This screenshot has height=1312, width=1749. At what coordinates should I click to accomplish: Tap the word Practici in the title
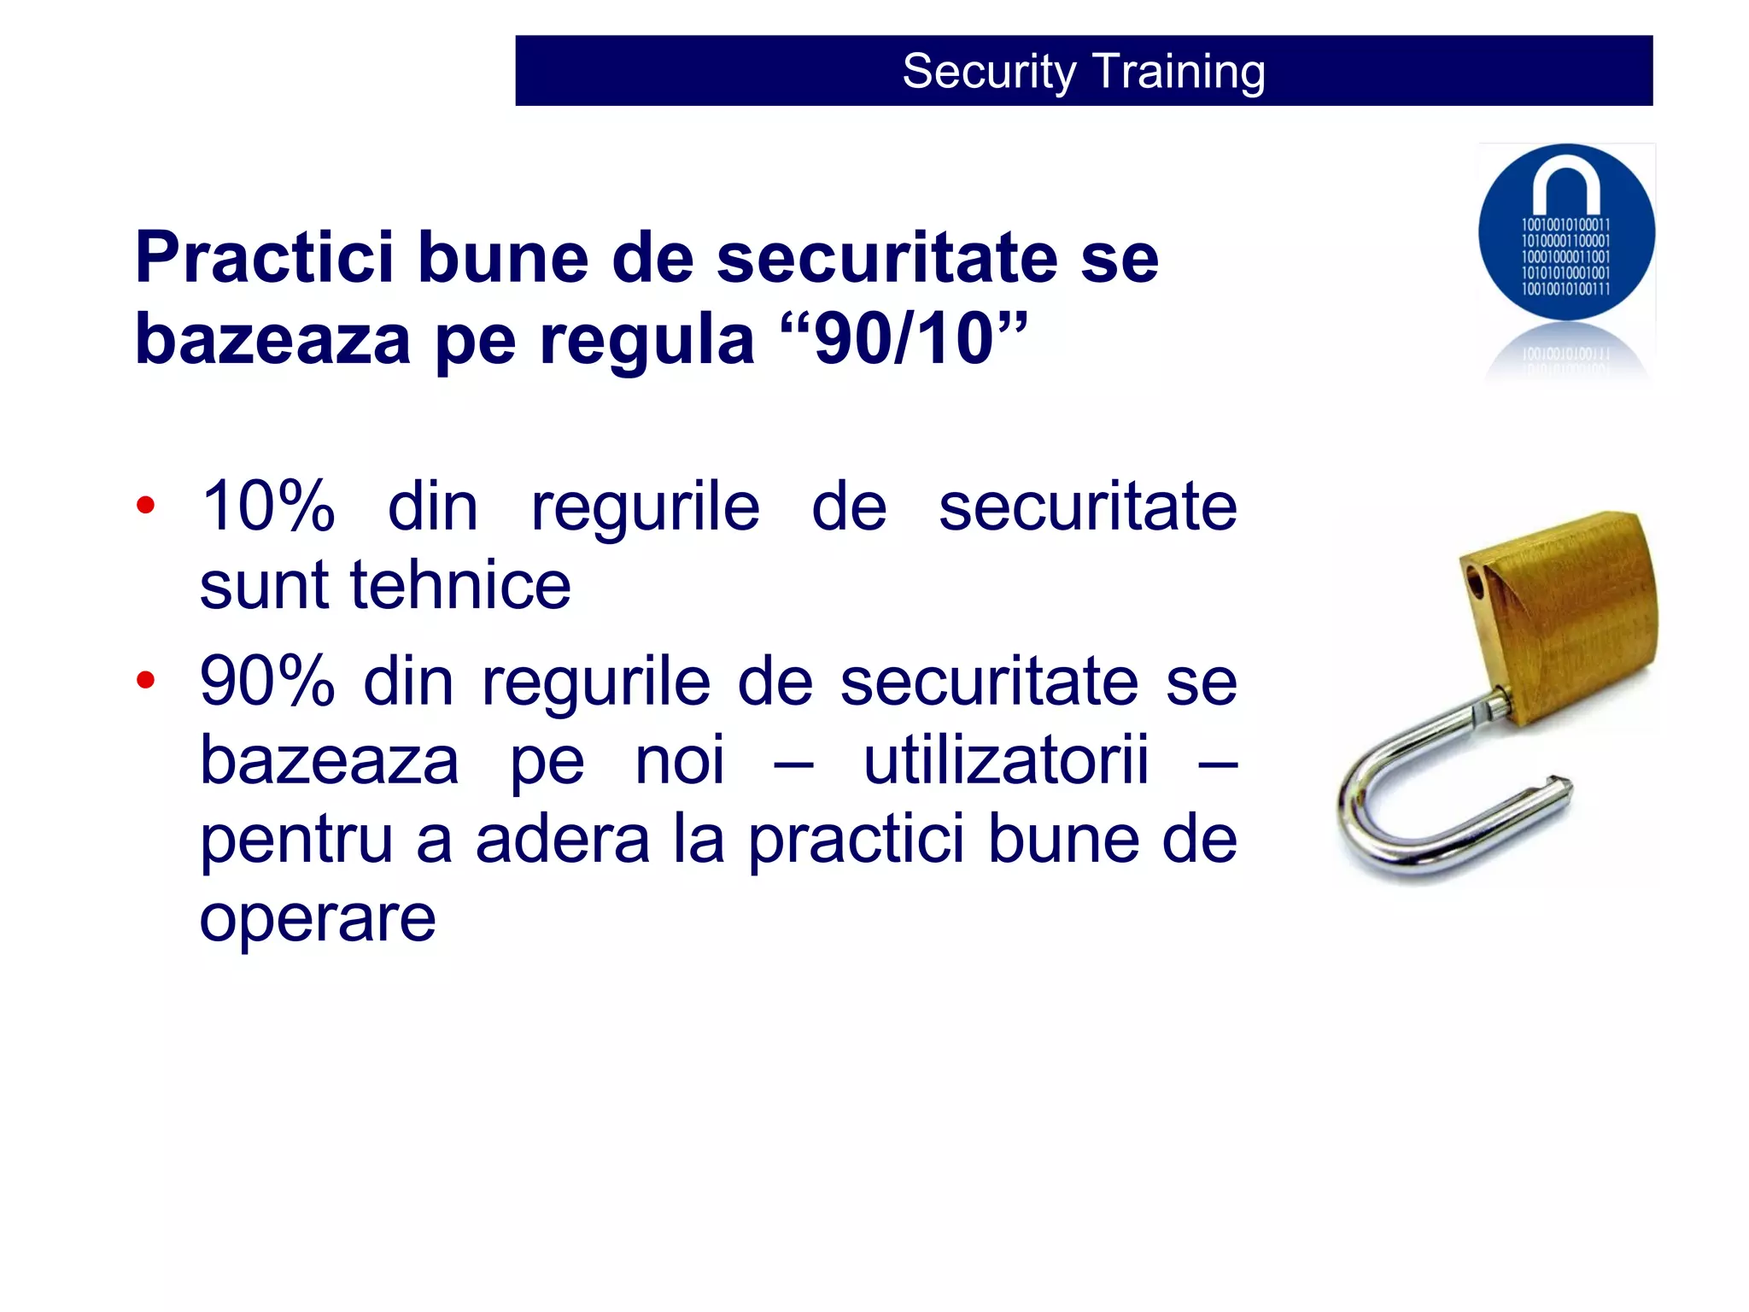265,257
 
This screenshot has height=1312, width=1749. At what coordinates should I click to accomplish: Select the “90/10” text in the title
904,339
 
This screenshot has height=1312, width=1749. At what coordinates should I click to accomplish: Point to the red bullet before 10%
146,506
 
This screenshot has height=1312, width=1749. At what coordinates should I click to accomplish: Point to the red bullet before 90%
146,680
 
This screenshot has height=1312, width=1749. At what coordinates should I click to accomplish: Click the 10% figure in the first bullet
267,506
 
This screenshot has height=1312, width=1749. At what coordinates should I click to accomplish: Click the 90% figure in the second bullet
267,681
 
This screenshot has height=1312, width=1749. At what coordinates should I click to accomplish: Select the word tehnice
460,585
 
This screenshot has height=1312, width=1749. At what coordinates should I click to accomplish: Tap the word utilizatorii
1006,759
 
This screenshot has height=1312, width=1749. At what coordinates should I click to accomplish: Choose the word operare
318,919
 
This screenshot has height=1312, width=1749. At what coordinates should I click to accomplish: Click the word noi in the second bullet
680,759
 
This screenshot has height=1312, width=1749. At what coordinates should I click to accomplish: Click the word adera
563,839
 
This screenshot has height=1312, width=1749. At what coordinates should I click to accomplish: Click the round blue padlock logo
1566,232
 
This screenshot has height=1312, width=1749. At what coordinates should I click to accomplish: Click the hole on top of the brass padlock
1475,583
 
